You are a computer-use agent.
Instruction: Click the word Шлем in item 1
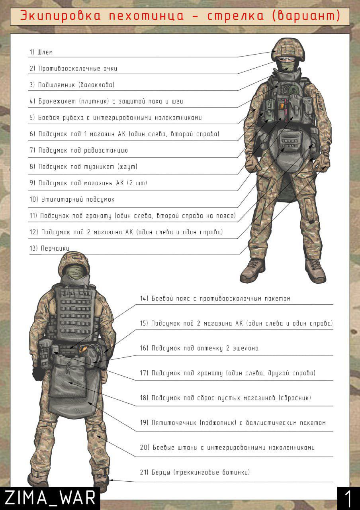click(45, 52)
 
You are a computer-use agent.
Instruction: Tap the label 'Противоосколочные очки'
click(78, 69)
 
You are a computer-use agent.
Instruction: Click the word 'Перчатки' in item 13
click(55, 248)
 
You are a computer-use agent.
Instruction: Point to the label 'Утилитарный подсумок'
click(78, 200)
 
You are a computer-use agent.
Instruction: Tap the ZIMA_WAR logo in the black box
click(50, 498)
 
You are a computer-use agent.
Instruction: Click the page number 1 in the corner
click(348, 498)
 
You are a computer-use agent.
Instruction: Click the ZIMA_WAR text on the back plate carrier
click(76, 294)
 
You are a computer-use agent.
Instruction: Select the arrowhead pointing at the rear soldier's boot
click(111, 480)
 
